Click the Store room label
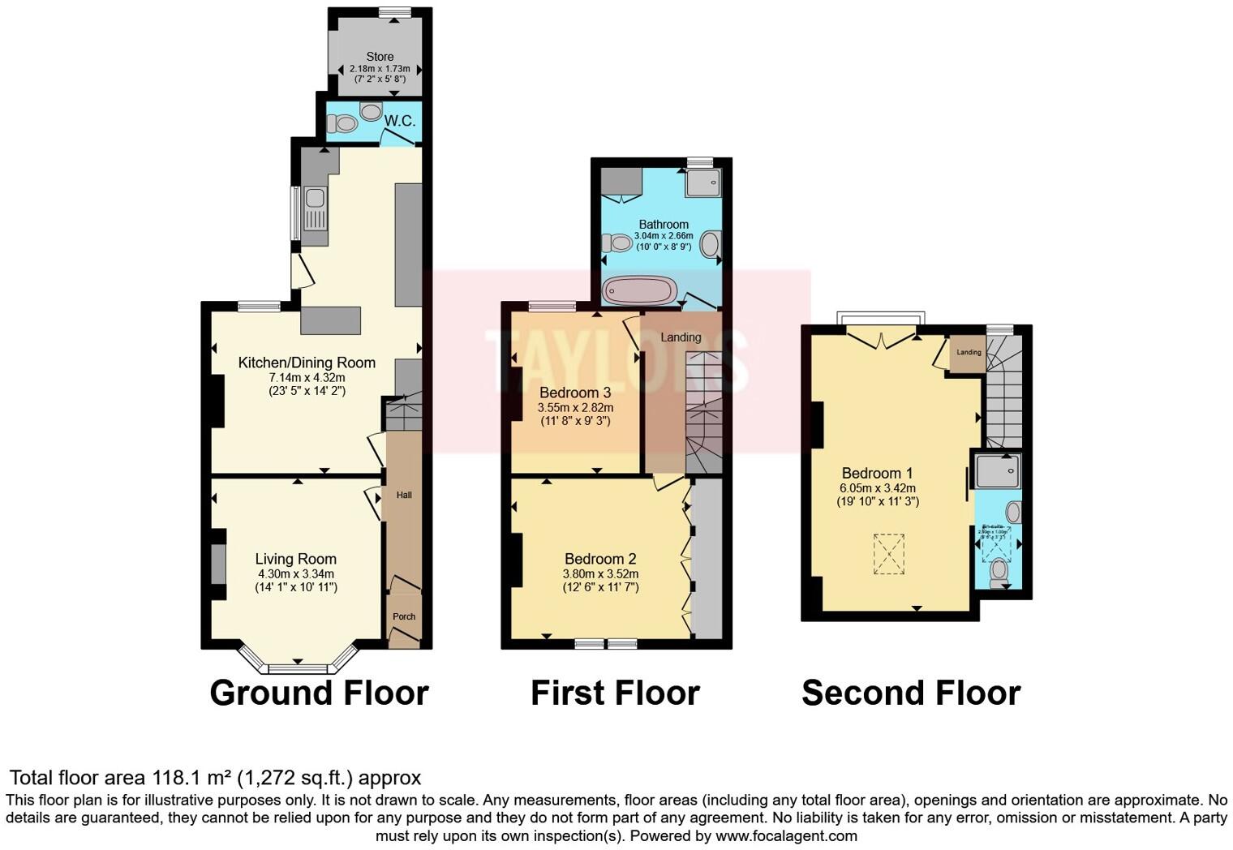click(380, 57)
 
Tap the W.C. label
click(399, 121)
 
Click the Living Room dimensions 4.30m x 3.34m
click(295, 573)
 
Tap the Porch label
click(404, 616)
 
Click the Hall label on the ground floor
click(404, 495)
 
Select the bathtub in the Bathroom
click(640, 290)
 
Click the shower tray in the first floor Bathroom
click(702, 182)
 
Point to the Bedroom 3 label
click(575, 393)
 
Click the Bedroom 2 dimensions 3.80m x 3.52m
click(600, 573)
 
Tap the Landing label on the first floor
click(681, 337)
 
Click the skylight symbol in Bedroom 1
click(889, 554)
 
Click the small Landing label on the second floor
click(969, 352)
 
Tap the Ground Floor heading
click(319, 693)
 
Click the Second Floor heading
click(910, 693)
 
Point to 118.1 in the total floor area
click(172, 778)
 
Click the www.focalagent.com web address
click(785, 835)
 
